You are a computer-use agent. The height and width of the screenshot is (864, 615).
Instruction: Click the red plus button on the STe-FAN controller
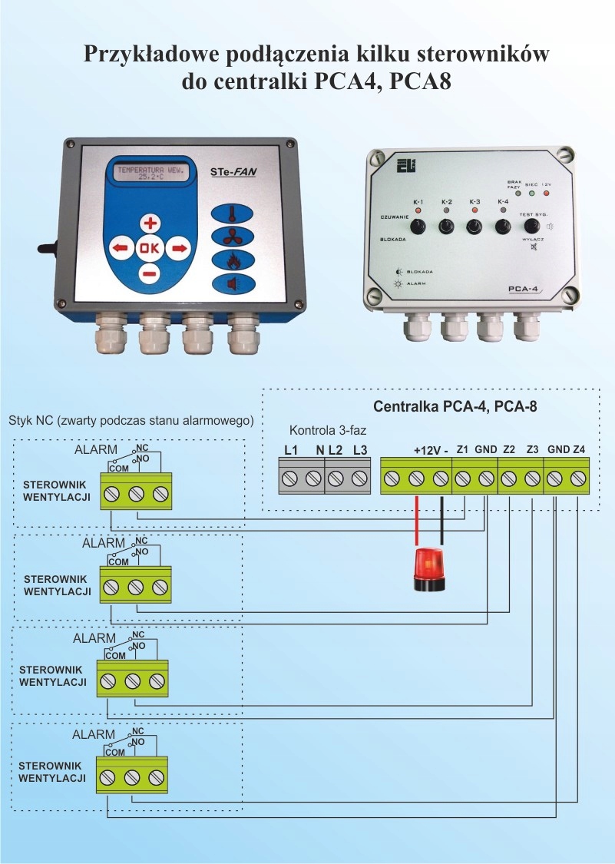coord(150,223)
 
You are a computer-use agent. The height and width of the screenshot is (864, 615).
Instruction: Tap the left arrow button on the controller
coord(119,248)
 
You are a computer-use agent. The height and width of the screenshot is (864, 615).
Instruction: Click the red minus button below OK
coord(150,273)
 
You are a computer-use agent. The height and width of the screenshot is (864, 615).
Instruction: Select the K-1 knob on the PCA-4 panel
coord(419,227)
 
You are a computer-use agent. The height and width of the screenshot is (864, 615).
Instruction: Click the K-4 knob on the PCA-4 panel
coord(503,227)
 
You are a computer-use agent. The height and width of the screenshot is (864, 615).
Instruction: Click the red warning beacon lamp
coord(429,568)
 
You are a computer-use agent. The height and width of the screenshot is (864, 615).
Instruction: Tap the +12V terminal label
coord(425,450)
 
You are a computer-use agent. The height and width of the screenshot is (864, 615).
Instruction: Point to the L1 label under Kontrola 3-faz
coord(290,450)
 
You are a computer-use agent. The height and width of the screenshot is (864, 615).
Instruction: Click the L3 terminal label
coord(359,450)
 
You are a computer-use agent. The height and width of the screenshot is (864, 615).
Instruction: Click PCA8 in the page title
coord(420,80)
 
